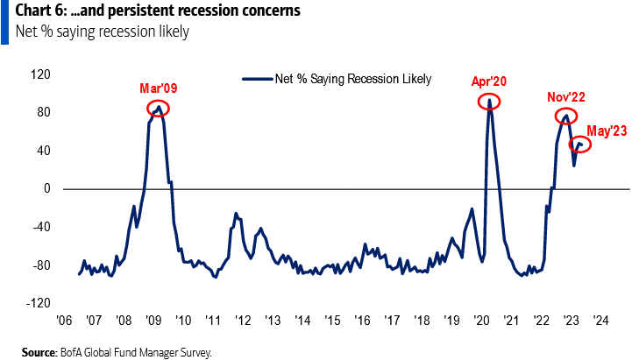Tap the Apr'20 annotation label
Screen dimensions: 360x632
click(x=488, y=81)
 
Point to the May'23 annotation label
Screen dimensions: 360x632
click(x=606, y=131)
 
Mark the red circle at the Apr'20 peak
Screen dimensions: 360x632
click(x=489, y=102)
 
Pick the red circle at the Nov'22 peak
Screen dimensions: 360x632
click(x=565, y=116)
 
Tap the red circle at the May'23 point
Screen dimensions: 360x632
click(x=579, y=144)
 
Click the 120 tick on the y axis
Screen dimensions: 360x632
click(x=39, y=74)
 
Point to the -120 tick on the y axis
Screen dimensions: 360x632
click(x=38, y=303)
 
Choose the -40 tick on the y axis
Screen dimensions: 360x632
click(x=40, y=227)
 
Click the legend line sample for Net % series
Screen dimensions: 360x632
click(x=256, y=79)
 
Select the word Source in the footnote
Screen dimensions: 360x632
click(x=33, y=352)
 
